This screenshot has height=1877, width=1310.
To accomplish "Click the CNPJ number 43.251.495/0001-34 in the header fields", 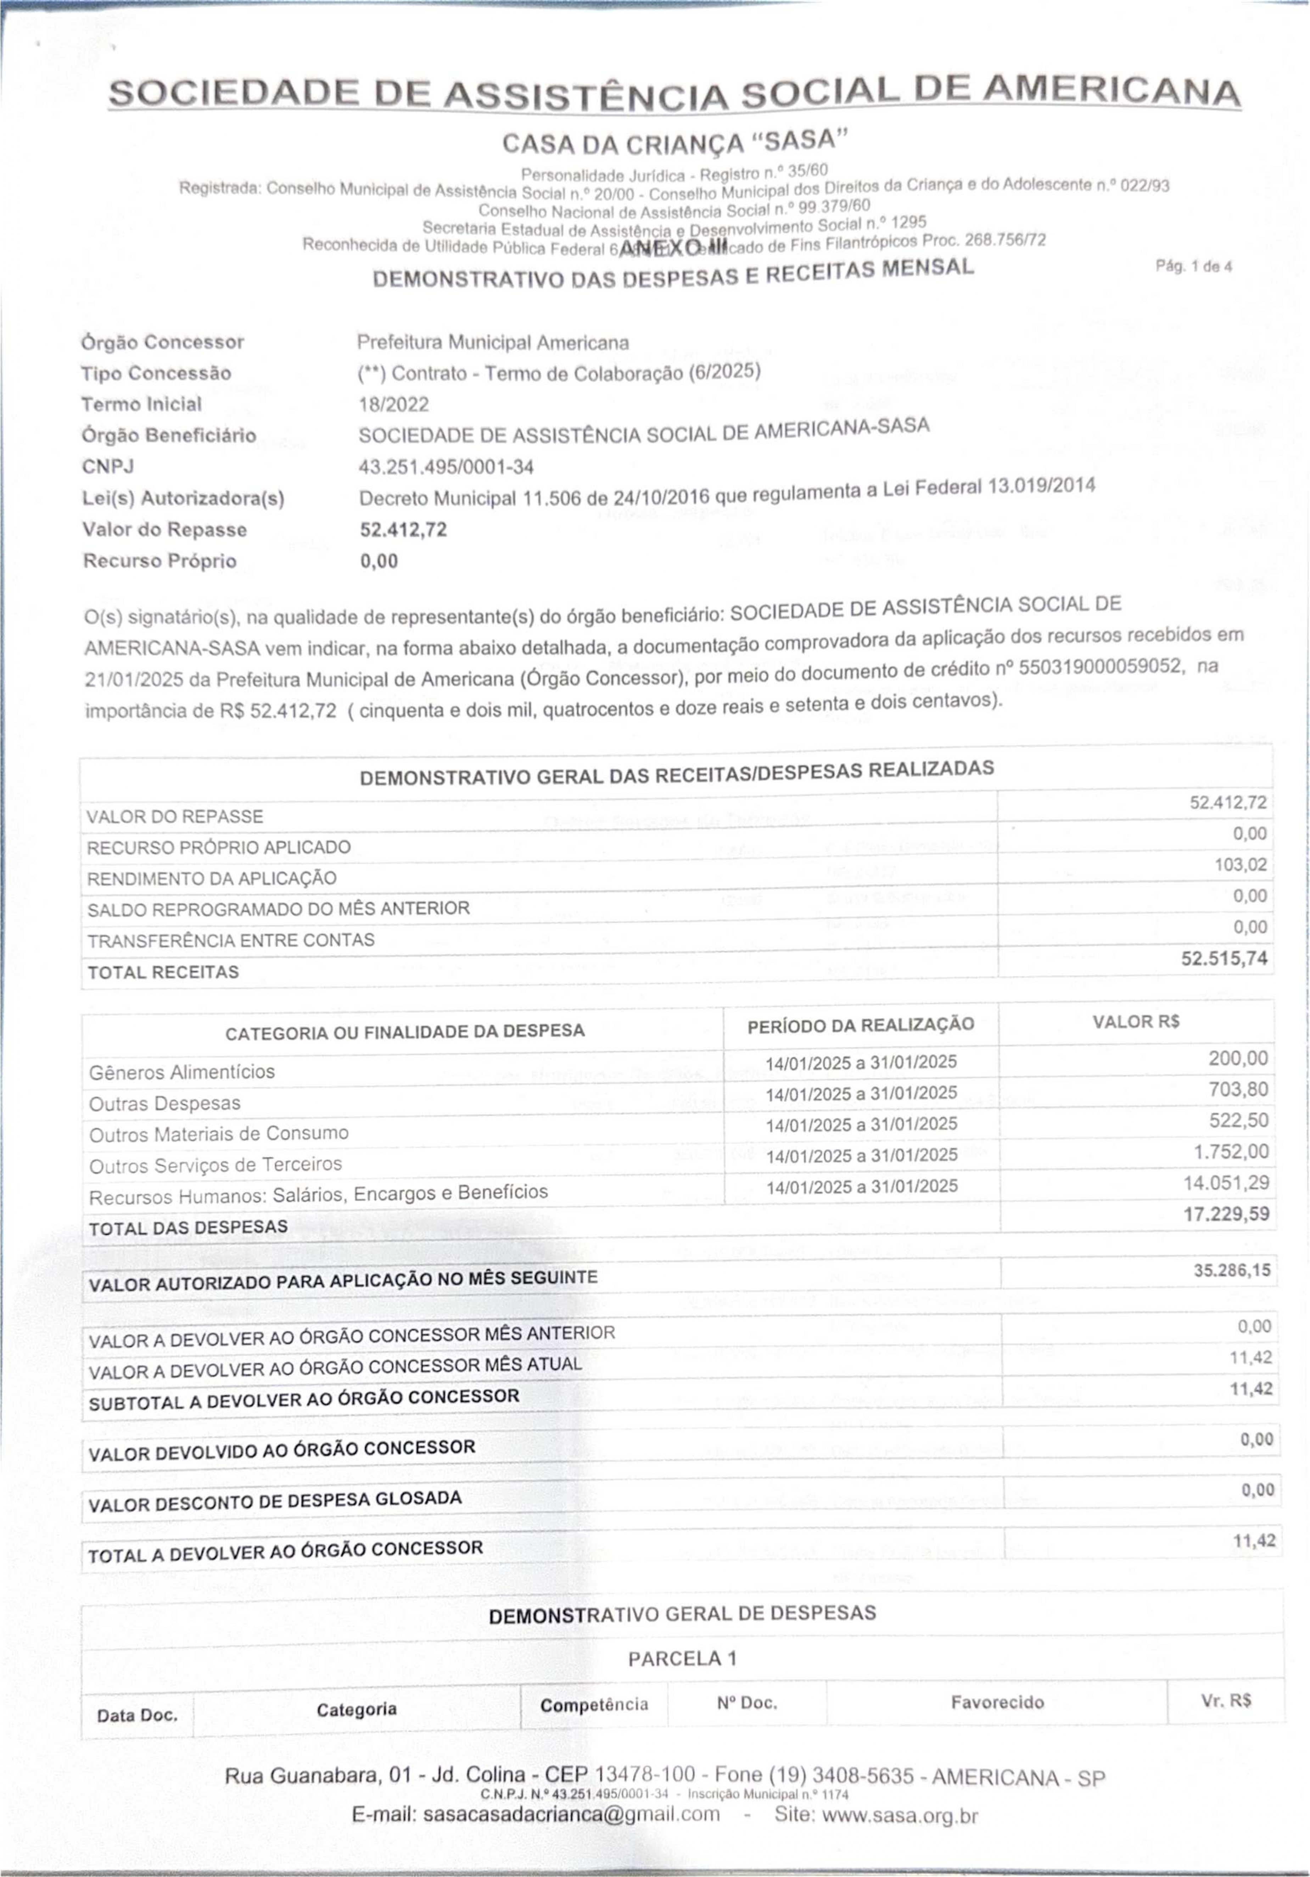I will click(446, 467).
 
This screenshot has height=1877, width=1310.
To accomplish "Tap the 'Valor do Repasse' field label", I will click(164, 530).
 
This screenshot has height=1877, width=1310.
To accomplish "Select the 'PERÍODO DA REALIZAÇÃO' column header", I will click(861, 1025).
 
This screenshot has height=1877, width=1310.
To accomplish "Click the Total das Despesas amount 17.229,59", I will click(1226, 1214).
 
